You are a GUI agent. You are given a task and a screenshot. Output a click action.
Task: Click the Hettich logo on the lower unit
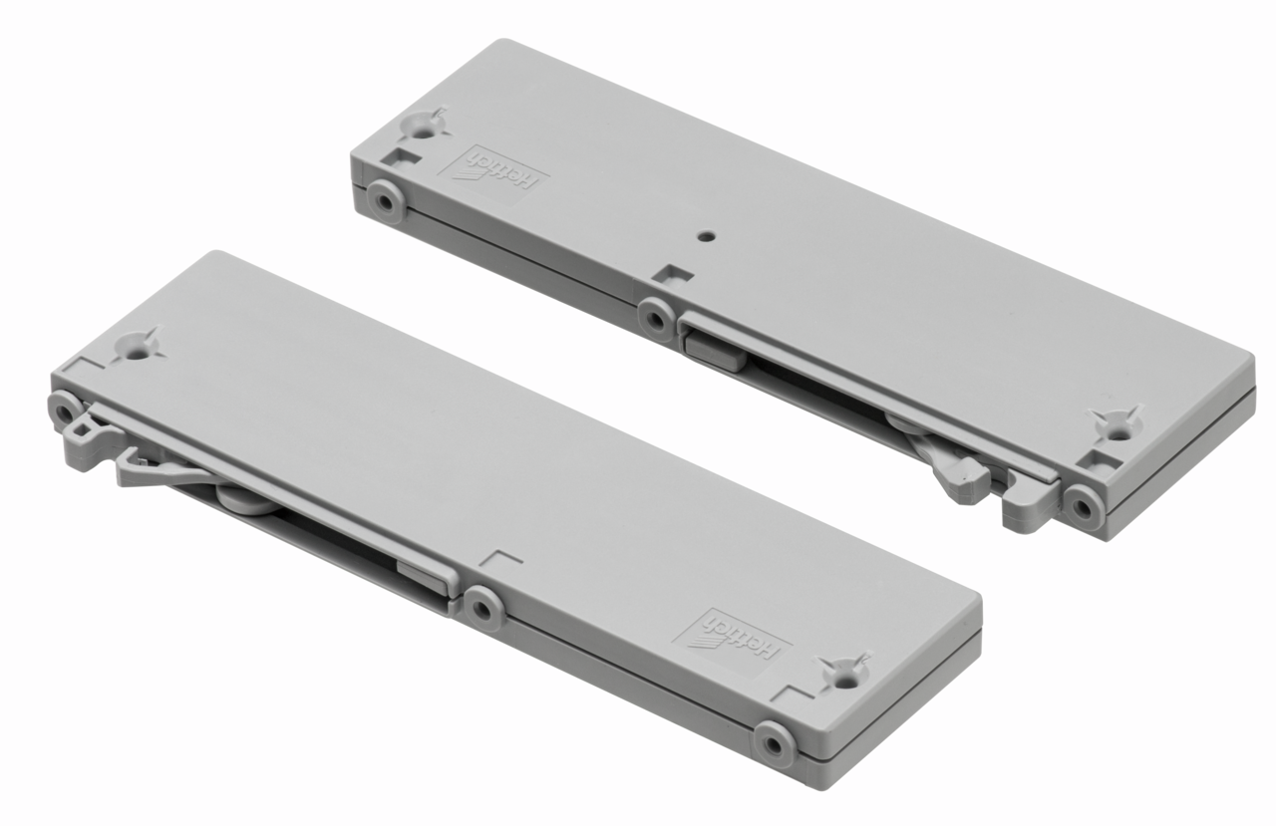pyautogui.click(x=732, y=642)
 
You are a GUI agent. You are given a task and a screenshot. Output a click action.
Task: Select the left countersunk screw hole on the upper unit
pyautogui.click(x=422, y=126)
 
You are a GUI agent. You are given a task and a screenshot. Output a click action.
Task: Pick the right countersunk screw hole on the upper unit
pyautogui.click(x=1119, y=426)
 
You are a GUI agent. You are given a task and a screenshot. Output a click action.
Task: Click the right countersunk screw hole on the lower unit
pyautogui.click(x=846, y=674)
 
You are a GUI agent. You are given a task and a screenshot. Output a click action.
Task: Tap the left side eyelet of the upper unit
pyautogui.click(x=386, y=201)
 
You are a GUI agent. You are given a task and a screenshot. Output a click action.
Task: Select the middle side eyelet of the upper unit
pyautogui.click(x=656, y=320)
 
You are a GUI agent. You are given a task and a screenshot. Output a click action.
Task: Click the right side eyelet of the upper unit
pyautogui.click(x=1084, y=506)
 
